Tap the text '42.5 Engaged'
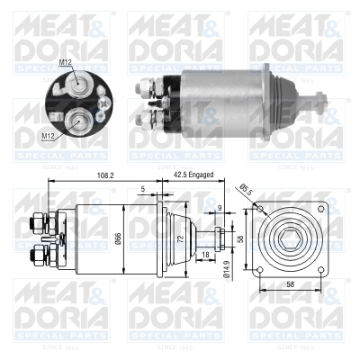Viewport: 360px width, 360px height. point(192,175)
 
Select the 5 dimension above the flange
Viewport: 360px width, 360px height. point(142,189)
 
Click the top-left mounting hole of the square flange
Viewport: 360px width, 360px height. point(261,211)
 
